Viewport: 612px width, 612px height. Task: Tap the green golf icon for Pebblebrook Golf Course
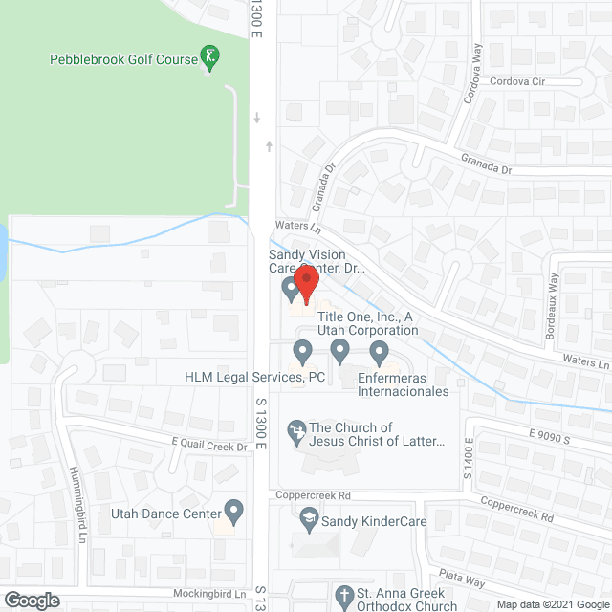point(209,57)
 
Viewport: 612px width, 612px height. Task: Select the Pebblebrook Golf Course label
point(123,59)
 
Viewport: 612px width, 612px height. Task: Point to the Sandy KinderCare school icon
point(309,520)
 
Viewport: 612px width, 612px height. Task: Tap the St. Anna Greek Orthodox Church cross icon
point(343,597)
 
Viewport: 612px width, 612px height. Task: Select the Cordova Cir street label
point(516,82)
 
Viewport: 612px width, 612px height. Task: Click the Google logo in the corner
point(31,601)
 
